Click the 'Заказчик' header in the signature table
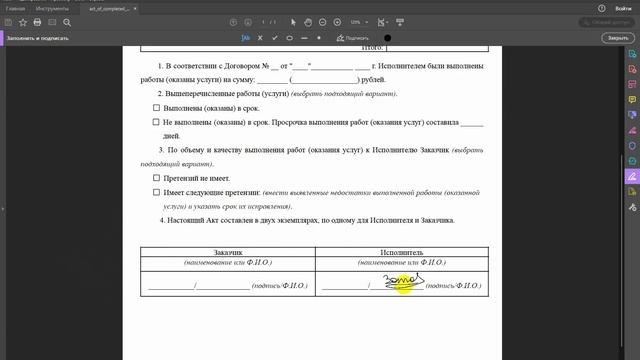pyautogui.click(x=227, y=253)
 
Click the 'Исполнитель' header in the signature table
pyautogui.click(x=401, y=253)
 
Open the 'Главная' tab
pyautogui.click(x=15, y=7)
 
